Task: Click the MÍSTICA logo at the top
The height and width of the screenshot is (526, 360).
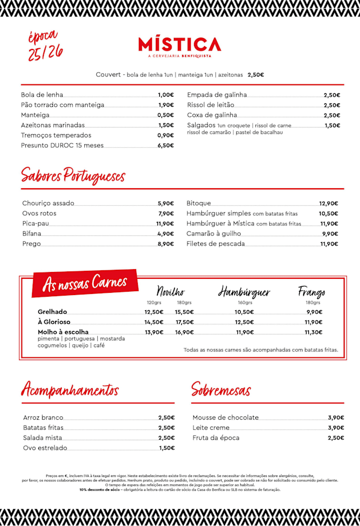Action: pos(179,45)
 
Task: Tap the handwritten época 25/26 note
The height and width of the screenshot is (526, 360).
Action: pos(45,45)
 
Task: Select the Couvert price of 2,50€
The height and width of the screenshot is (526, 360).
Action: pos(255,75)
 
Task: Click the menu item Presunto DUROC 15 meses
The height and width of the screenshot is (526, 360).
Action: pos(62,145)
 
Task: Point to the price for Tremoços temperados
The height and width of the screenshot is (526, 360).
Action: pos(165,135)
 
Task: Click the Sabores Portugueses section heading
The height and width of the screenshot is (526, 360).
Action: pos(73,175)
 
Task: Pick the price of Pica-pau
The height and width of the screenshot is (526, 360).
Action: pos(165,224)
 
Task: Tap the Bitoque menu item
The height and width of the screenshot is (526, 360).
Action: pos(199,203)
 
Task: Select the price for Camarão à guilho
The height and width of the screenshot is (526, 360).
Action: pos(330,234)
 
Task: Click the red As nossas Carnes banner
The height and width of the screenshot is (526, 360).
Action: pos(85,282)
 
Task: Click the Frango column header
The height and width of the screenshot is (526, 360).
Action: pos(312,292)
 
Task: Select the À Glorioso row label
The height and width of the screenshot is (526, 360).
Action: pos(54,322)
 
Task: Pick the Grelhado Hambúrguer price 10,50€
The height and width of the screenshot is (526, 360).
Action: pos(244,312)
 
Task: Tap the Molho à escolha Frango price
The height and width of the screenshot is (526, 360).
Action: pos(313,332)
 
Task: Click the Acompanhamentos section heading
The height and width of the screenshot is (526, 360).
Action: pos(70,389)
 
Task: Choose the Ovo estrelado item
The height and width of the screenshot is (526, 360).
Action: pos(45,448)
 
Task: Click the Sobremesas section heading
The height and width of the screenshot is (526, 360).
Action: pos(221,389)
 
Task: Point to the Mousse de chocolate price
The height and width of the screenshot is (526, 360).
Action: pos(336,418)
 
